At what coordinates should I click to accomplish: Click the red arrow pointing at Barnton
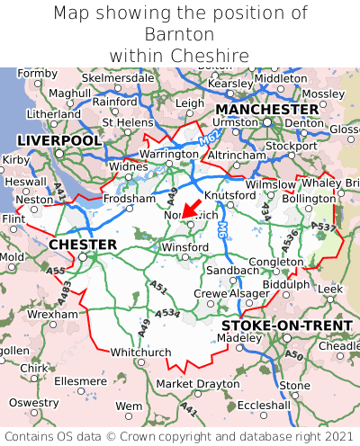[x=191, y=208]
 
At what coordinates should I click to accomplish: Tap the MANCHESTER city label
[x=266, y=109]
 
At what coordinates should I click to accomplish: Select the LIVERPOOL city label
[x=59, y=140]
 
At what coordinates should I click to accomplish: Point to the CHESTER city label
[x=83, y=245]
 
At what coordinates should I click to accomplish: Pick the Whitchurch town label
[x=139, y=352]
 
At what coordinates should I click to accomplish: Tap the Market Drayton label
[x=198, y=384]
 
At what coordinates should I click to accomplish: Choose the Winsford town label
[x=184, y=246]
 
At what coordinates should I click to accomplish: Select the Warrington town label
[x=168, y=154]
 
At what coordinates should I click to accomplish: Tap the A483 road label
[x=65, y=289]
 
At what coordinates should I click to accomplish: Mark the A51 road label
[x=158, y=287]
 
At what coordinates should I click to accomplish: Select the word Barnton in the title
[x=179, y=34]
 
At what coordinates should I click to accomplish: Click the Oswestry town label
[x=33, y=402]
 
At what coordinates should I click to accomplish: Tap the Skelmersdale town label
[x=118, y=77]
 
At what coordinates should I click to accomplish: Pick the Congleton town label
[x=275, y=262]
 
